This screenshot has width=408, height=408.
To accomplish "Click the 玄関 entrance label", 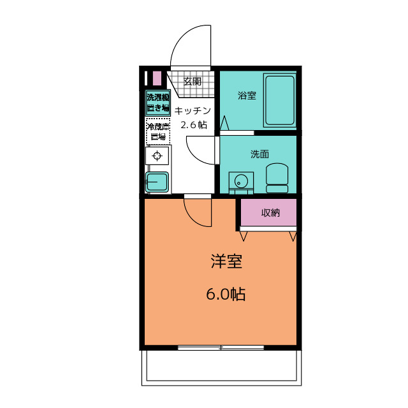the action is pos(193,82).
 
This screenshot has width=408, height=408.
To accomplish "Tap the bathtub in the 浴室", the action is pos(280,100).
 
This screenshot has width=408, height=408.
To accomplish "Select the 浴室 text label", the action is pos(247,96).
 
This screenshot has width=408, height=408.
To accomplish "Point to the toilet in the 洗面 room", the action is pos(277,178).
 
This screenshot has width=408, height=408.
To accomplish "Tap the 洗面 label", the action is pos(259,154).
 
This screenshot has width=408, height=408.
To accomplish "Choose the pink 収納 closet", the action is pos(268,212).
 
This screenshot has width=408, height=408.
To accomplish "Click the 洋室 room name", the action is pos(226,261).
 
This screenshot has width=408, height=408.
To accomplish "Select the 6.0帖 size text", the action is pos(226,294).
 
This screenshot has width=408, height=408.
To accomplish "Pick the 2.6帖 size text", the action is pos(194,125).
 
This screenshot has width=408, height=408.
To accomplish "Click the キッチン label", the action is pos(193,111).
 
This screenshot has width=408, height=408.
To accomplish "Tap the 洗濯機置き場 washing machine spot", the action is pos(158,103).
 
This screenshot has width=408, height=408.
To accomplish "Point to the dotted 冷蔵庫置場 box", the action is pos(158,131).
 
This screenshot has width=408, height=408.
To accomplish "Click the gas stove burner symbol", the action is pos(157,156).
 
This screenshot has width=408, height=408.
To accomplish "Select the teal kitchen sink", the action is pos(157,182).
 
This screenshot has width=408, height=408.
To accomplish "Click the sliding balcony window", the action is pos(221,347).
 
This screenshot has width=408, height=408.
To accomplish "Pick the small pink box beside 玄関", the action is pos(157,78).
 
